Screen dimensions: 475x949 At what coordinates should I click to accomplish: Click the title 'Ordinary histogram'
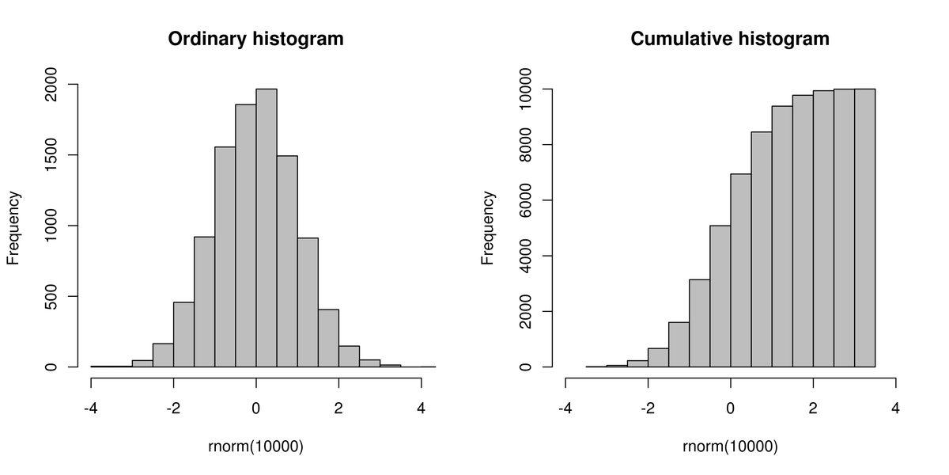coord(255,38)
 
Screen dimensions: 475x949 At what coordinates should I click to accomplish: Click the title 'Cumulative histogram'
coord(730,38)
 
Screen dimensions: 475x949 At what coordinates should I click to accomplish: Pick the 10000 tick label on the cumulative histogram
coord(524,90)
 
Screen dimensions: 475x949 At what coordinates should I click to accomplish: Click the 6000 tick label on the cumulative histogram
coord(524,200)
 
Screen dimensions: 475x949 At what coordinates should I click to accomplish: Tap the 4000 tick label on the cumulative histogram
coord(524,256)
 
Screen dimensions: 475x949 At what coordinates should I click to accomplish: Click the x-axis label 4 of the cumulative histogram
coord(895,409)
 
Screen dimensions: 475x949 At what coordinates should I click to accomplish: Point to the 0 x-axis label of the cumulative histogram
coord(731,409)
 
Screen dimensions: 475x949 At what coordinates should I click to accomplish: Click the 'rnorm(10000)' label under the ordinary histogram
coord(255,446)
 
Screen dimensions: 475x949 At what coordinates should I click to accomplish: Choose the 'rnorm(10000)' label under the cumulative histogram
coord(730,446)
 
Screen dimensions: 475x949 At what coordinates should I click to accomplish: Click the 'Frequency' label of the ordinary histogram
coord(13,226)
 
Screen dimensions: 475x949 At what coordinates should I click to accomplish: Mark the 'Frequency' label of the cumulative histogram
coord(488,226)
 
